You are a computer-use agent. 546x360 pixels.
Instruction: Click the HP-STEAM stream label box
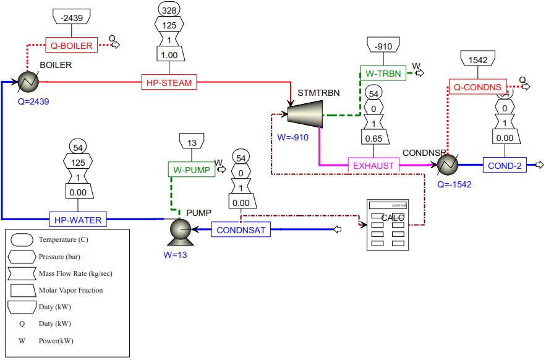pos(169,82)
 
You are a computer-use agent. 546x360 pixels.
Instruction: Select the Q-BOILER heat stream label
pos(72,45)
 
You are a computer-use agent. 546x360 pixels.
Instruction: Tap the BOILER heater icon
pos(27,81)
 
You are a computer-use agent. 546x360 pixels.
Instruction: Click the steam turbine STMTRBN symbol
pos(304,113)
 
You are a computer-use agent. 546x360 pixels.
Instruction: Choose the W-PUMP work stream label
pos(190,169)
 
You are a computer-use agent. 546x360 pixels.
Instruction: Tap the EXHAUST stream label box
pos(373,165)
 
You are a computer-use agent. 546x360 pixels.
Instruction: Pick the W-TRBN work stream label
pos(383,73)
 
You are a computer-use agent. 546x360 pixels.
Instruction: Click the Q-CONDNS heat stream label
pos(477,87)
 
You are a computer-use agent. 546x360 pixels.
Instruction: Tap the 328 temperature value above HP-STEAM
pos(168,9)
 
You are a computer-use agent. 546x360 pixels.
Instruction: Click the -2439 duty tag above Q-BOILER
pos(72,19)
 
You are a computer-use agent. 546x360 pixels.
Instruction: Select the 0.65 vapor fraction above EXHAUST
pos(373,139)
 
